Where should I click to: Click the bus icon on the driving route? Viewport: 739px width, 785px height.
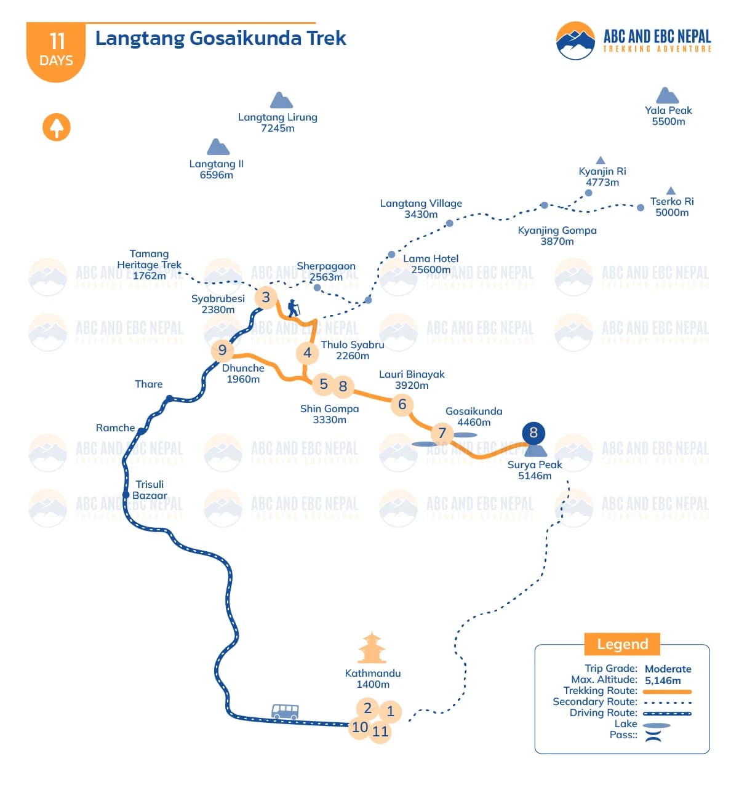coord(285,712)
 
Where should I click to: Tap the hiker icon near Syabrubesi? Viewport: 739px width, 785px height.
coord(294,308)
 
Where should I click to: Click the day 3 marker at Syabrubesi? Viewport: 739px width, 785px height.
coord(266,298)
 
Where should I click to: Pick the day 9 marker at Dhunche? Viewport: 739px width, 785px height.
coord(222,351)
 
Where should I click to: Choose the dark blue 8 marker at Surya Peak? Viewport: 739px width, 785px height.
coord(533,432)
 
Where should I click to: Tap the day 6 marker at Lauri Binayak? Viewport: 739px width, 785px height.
coord(402,404)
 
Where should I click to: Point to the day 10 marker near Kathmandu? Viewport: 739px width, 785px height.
coord(360,728)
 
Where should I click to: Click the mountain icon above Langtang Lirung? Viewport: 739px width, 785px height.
coord(281,100)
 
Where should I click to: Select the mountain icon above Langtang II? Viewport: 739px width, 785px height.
coord(218,147)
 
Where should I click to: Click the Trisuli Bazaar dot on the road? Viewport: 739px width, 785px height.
coord(126,495)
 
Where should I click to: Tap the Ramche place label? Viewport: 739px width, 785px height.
coord(115,428)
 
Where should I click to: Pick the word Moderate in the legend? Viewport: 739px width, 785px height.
coord(668,669)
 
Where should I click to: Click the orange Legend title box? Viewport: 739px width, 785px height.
coord(622,644)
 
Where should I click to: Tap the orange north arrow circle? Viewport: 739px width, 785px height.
coord(57,127)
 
